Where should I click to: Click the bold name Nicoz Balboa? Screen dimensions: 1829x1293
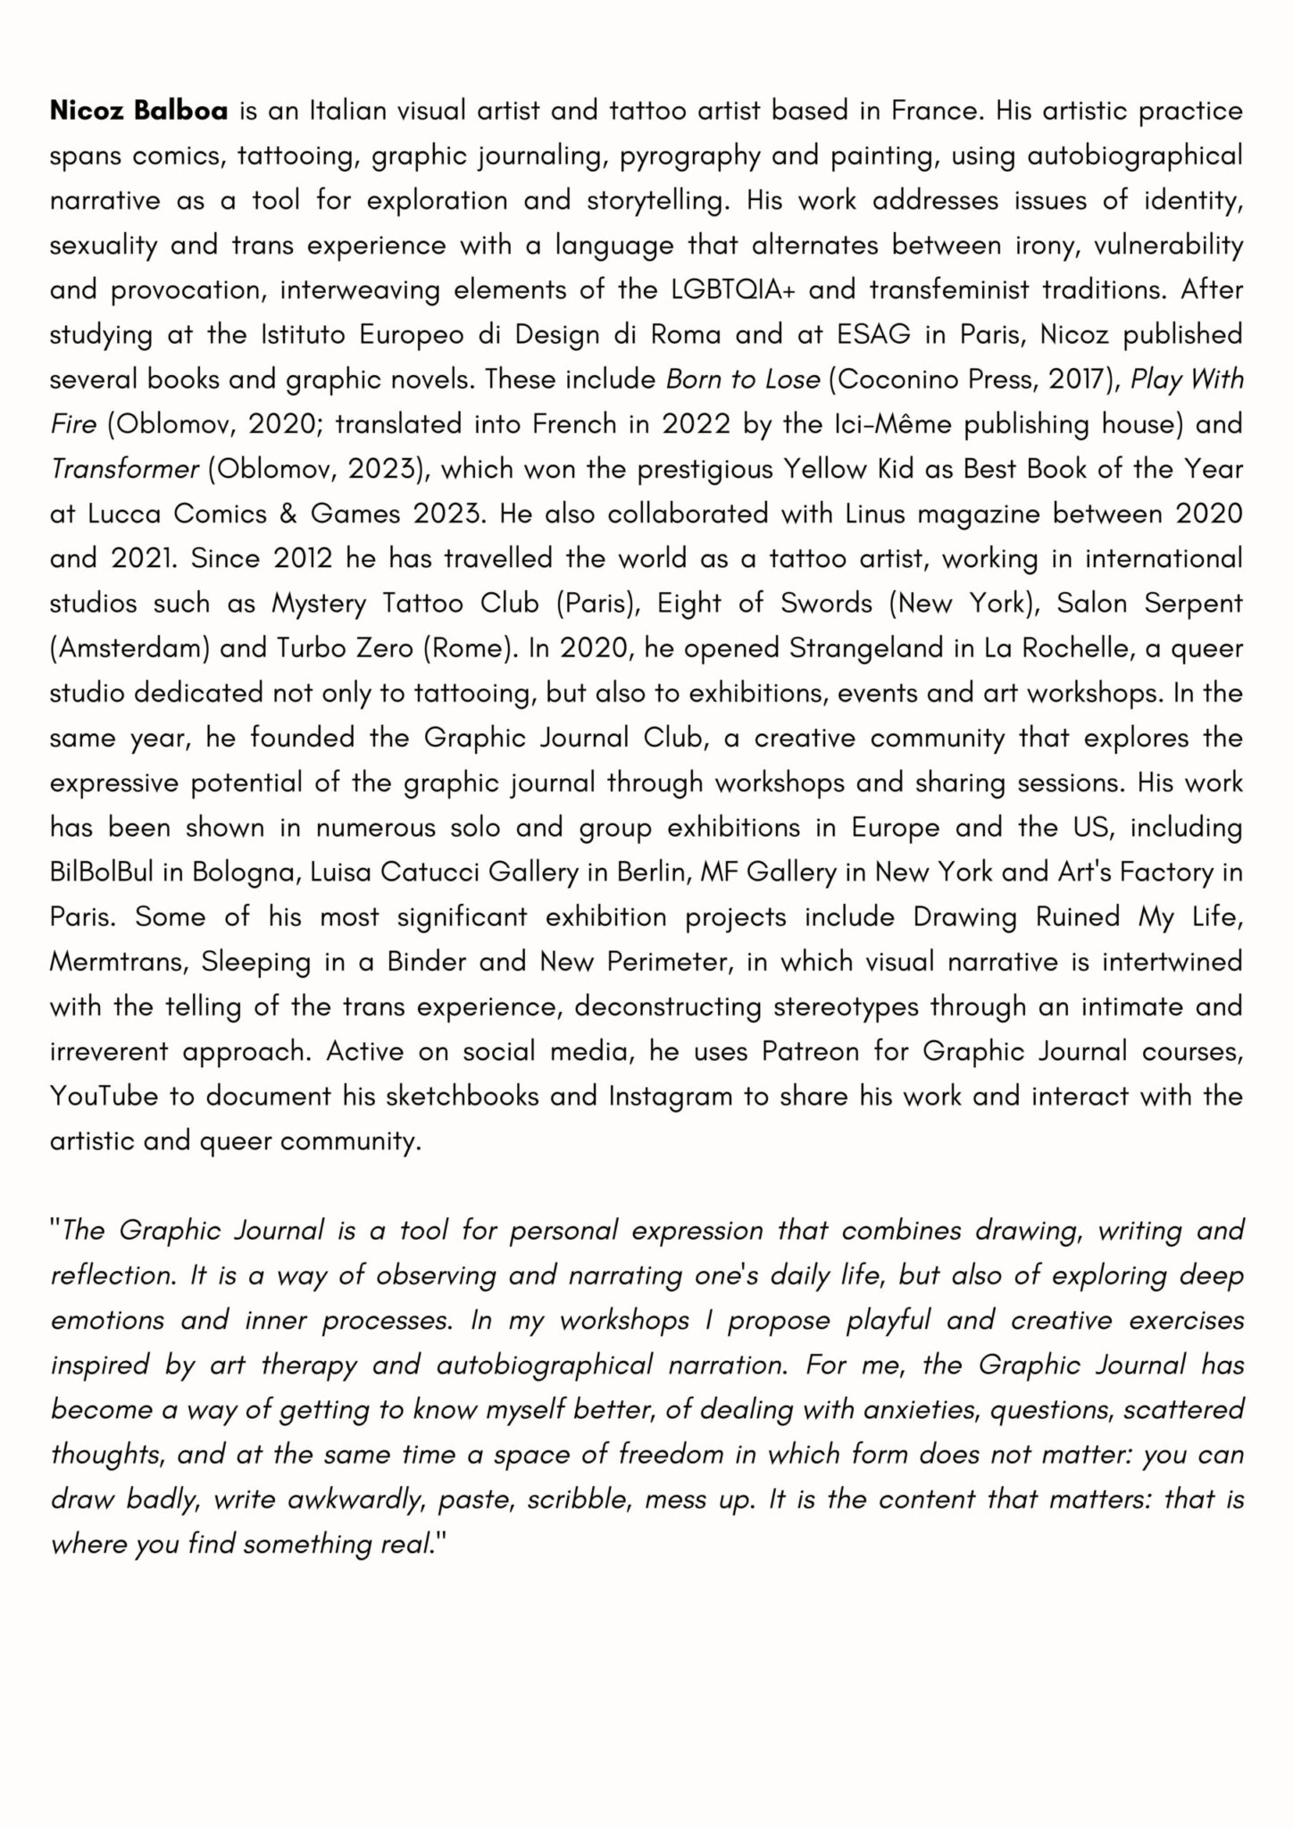click(x=138, y=111)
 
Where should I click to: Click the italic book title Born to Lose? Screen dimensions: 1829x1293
click(x=743, y=380)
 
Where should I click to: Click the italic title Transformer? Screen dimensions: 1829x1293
click(x=124, y=469)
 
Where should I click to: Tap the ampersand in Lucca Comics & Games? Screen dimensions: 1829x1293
click(x=281, y=514)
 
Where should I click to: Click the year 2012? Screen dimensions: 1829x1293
click(x=304, y=559)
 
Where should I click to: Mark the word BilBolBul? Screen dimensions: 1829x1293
click(x=101, y=873)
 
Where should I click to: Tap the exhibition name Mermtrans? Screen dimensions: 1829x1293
click(x=118, y=962)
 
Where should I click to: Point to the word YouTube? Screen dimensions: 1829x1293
click(x=104, y=1096)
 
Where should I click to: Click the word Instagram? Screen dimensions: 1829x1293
click(x=670, y=1096)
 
